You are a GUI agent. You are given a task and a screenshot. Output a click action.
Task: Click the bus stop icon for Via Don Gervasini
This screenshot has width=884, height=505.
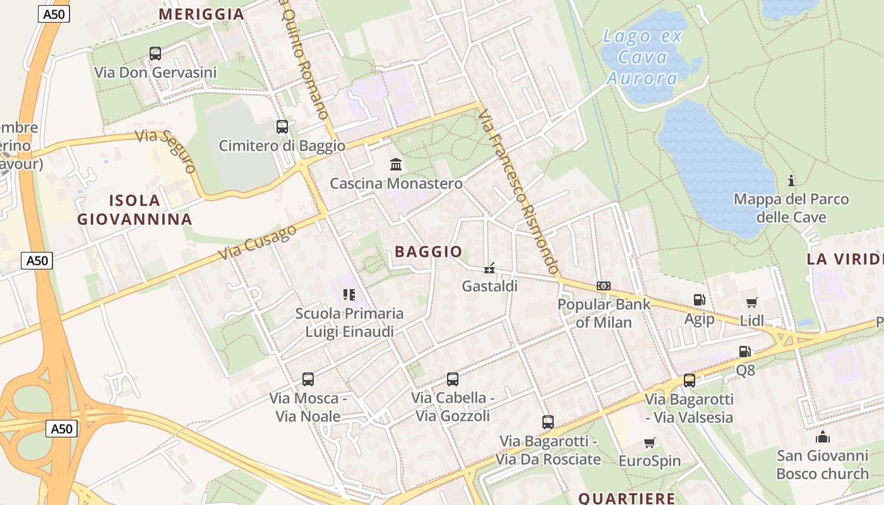pyautogui.click(x=155, y=54)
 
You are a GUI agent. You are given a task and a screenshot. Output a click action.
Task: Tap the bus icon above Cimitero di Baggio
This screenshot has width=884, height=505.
pyautogui.click(x=282, y=127)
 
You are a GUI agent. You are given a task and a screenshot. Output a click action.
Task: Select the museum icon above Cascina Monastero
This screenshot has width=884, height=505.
pyautogui.click(x=396, y=165)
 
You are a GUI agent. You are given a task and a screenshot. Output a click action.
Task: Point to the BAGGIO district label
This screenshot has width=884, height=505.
pyautogui.click(x=429, y=252)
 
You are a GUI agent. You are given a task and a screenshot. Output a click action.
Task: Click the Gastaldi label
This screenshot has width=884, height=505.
pyautogui.click(x=489, y=286)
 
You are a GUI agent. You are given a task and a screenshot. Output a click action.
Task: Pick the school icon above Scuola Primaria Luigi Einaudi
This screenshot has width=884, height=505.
pyautogui.click(x=349, y=294)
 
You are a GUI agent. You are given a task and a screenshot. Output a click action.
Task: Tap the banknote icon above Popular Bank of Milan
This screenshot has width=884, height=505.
pyautogui.click(x=604, y=286)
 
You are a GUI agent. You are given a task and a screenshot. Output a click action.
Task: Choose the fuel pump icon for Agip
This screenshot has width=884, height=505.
pyautogui.click(x=699, y=300)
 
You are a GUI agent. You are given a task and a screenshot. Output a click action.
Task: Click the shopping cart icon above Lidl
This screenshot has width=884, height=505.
pyautogui.click(x=751, y=302)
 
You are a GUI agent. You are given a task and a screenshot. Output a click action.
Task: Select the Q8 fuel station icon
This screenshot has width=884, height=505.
pyautogui.click(x=745, y=352)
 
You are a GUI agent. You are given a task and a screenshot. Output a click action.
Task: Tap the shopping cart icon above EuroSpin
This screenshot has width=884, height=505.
pyautogui.click(x=650, y=443)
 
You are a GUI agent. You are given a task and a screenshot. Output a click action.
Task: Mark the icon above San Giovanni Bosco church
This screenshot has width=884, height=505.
pyautogui.click(x=822, y=437)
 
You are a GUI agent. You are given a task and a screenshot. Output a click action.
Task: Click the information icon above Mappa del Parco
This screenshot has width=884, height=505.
pyautogui.click(x=791, y=181)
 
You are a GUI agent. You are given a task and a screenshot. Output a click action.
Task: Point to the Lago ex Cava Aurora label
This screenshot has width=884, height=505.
pyautogui.click(x=643, y=57)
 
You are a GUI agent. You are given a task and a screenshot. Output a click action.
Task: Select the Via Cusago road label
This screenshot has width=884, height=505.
pyautogui.click(x=258, y=242)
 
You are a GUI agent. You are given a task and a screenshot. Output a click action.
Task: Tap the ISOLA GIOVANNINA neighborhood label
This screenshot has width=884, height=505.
pyautogui.click(x=134, y=210)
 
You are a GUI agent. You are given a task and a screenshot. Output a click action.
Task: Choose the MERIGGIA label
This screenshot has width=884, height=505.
pyautogui.click(x=201, y=14)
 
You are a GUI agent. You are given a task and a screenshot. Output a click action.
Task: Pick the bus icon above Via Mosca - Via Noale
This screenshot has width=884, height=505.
pyautogui.click(x=308, y=379)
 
